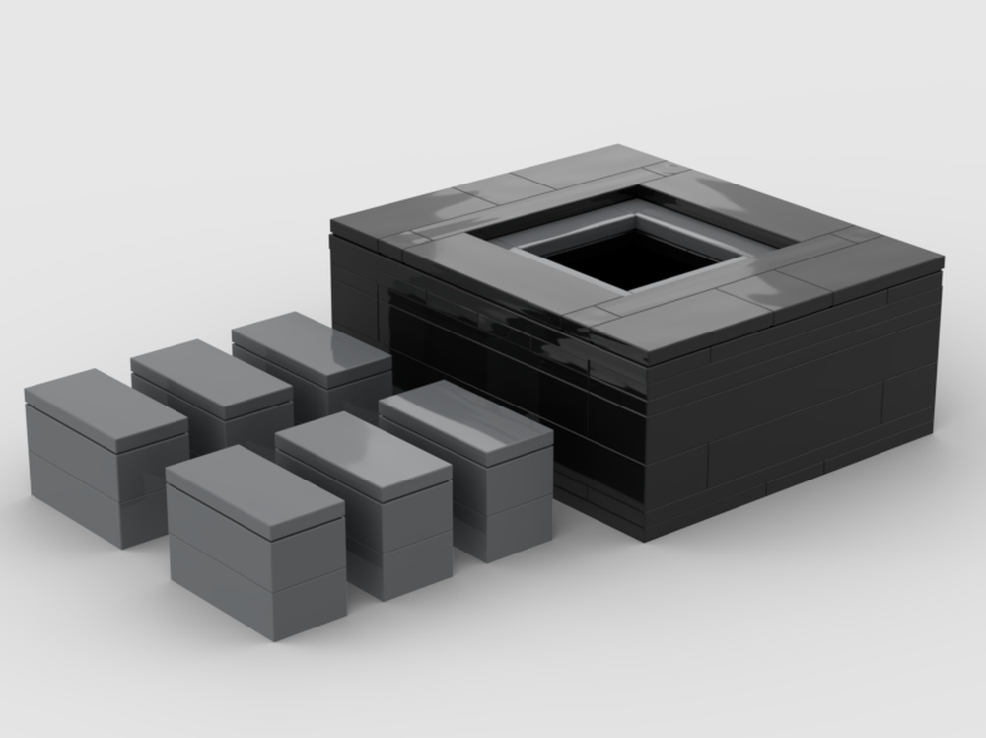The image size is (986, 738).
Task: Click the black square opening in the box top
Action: pos(631,258)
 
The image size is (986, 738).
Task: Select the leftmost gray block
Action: pos(104,454)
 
